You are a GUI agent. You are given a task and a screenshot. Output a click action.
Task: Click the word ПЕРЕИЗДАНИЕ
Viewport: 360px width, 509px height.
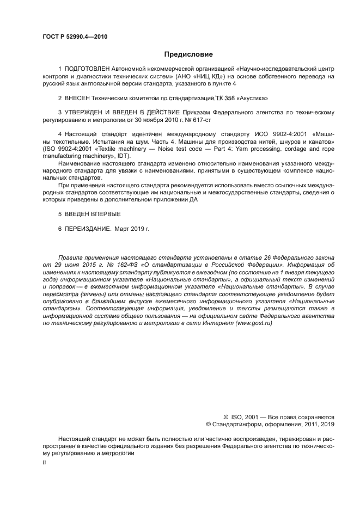point(88,229)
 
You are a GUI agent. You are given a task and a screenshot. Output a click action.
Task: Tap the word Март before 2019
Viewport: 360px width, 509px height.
point(124,229)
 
